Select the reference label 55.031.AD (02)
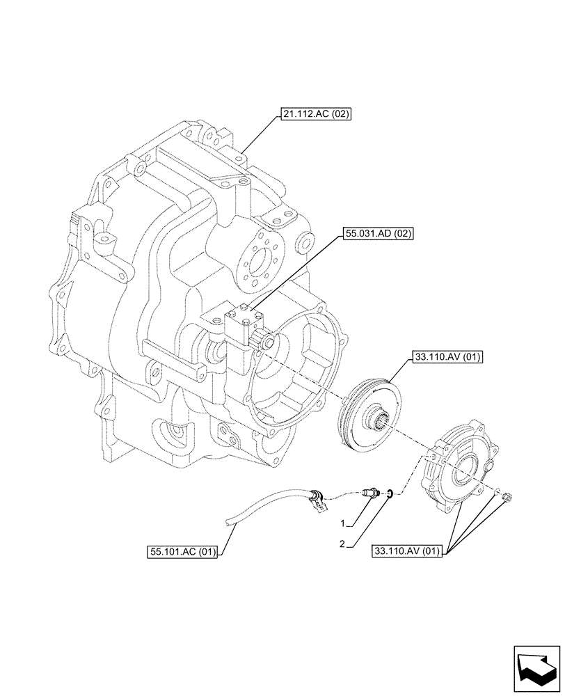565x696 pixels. [x=378, y=235]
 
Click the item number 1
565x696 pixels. [x=343, y=522]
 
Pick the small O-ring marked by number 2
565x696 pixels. [x=391, y=494]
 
